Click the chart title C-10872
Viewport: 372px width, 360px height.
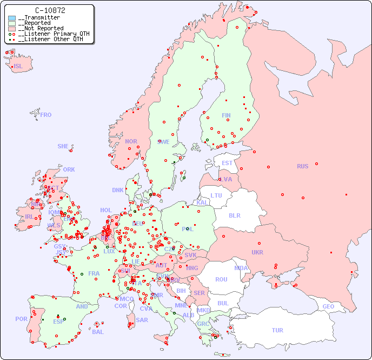point(50,10)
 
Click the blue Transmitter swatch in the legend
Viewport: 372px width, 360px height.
point(12,18)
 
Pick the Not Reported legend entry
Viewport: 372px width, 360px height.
point(41,28)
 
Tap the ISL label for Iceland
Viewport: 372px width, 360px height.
point(18,67)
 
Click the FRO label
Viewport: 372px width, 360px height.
point(46,115)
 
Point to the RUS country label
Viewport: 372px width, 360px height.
point(302,166)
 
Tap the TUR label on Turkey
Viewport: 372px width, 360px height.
point(277,330)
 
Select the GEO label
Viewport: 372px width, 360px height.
point(328,306)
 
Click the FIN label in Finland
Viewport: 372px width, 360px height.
point(226,115)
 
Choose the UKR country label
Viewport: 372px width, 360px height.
point(257,252)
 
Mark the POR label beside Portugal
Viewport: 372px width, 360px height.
point(21,319)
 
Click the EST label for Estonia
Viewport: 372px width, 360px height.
point(227,163)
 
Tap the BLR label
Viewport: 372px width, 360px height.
point(234,215)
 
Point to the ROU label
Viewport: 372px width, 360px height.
point(221,279)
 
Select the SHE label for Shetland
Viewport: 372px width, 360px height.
point(63,146)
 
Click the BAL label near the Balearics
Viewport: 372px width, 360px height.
point(98,332)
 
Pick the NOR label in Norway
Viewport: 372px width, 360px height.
point(131,141)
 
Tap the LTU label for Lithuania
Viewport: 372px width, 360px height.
point(216,195)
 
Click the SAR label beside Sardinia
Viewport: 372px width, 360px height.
point(142,320)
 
